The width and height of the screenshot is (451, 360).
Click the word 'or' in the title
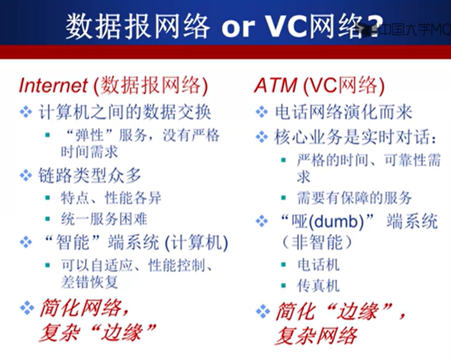(238, 28)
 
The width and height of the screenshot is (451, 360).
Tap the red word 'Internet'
(53, 85)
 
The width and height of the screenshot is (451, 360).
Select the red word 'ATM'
(275, 85)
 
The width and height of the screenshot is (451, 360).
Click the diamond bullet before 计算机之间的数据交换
(26, 111)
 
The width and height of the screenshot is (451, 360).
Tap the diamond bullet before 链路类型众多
(26, 175)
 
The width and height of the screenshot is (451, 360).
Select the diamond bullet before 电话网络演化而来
(262, 111)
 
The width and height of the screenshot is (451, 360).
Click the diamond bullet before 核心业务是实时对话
(262, 137)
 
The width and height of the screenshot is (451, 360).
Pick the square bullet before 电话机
(284, 264)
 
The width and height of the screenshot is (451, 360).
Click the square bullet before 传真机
(284, 286)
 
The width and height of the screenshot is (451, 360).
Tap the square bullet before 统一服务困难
(48, 219)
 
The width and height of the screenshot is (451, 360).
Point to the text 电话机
(319, 265)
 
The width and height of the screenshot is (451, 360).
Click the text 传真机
(319, 286)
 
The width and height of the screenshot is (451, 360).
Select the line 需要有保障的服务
(354, 198)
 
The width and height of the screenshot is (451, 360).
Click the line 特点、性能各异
(111, 198)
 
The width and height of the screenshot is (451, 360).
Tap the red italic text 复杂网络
(316, 336)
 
